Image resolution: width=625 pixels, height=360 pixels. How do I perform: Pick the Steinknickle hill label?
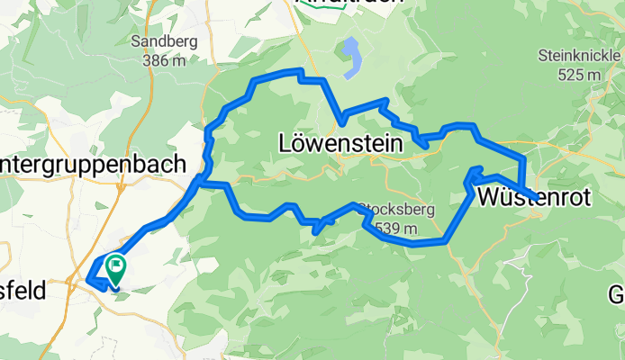(x=579, y=56)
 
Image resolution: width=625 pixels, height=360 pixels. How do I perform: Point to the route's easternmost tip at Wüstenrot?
(x=538, y=197)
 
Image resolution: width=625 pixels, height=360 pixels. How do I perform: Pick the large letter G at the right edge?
(x=616, y=294)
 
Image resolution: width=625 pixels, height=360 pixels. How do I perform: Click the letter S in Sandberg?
(x=136, y=41)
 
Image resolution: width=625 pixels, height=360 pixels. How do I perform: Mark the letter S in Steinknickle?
(x=543, y=56)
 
